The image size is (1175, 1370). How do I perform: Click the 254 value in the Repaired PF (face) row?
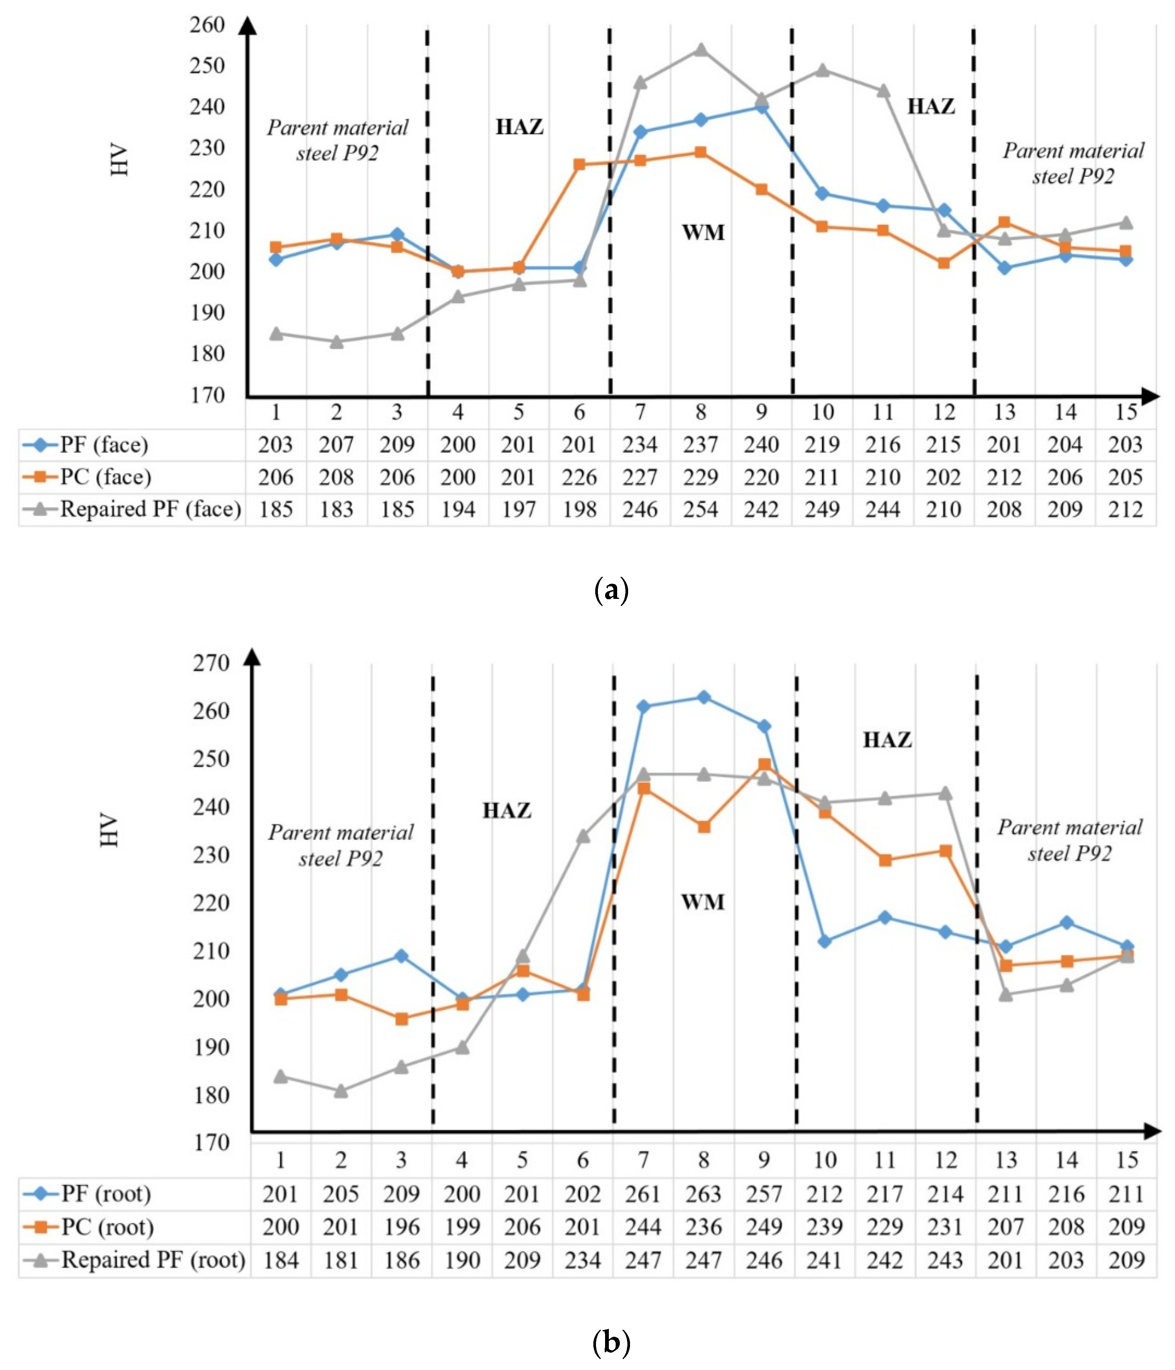pyautogui.click(x=701, y=509)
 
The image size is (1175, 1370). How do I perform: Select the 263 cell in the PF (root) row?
pyautogui.click(x=703, y=1194)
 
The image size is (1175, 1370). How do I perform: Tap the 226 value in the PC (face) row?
pyautogui.click(x=579, y=477)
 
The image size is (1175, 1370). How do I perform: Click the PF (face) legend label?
pyautogui.click(x=104, y=444)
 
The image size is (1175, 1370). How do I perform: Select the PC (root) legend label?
pyautogui.click(x=107, y=1227)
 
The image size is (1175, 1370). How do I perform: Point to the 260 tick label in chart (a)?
pyautogui.click(x=207, y=25)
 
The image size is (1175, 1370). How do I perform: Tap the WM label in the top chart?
pyautogui.click(x=703, y=232)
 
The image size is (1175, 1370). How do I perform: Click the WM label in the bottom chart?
pyautogui.click(x=703, y=902)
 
